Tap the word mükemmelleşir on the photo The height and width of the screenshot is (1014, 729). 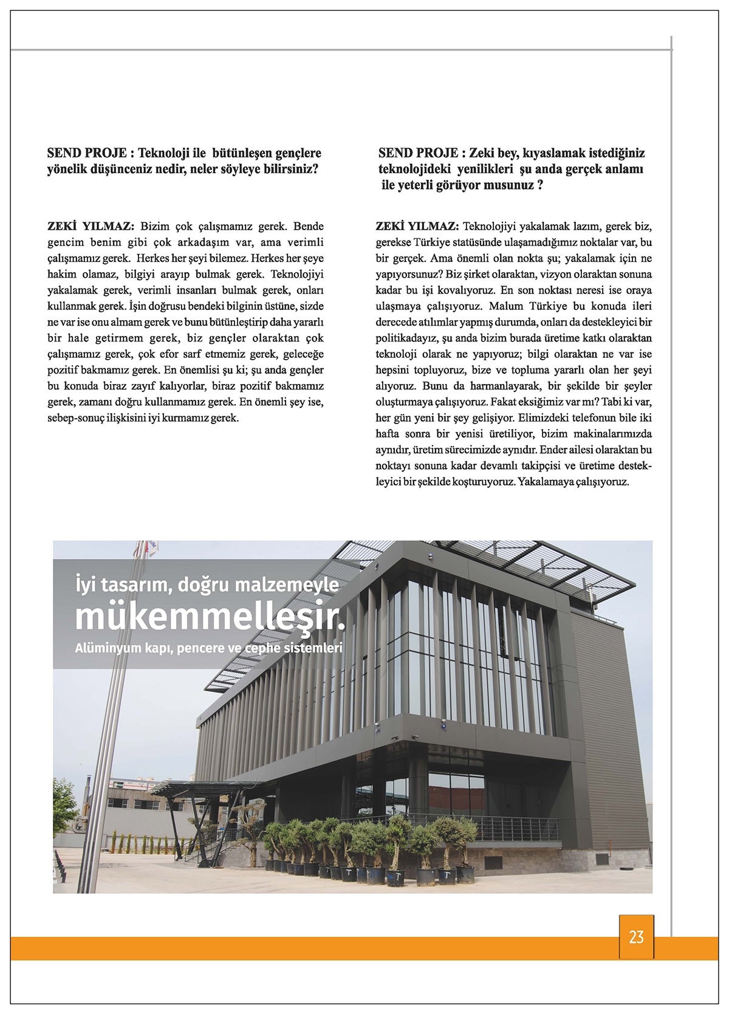[x=209, y=618]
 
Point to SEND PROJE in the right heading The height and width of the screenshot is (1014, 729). [x=416, y=152]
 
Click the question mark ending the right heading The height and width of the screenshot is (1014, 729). [x=539, y=185]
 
